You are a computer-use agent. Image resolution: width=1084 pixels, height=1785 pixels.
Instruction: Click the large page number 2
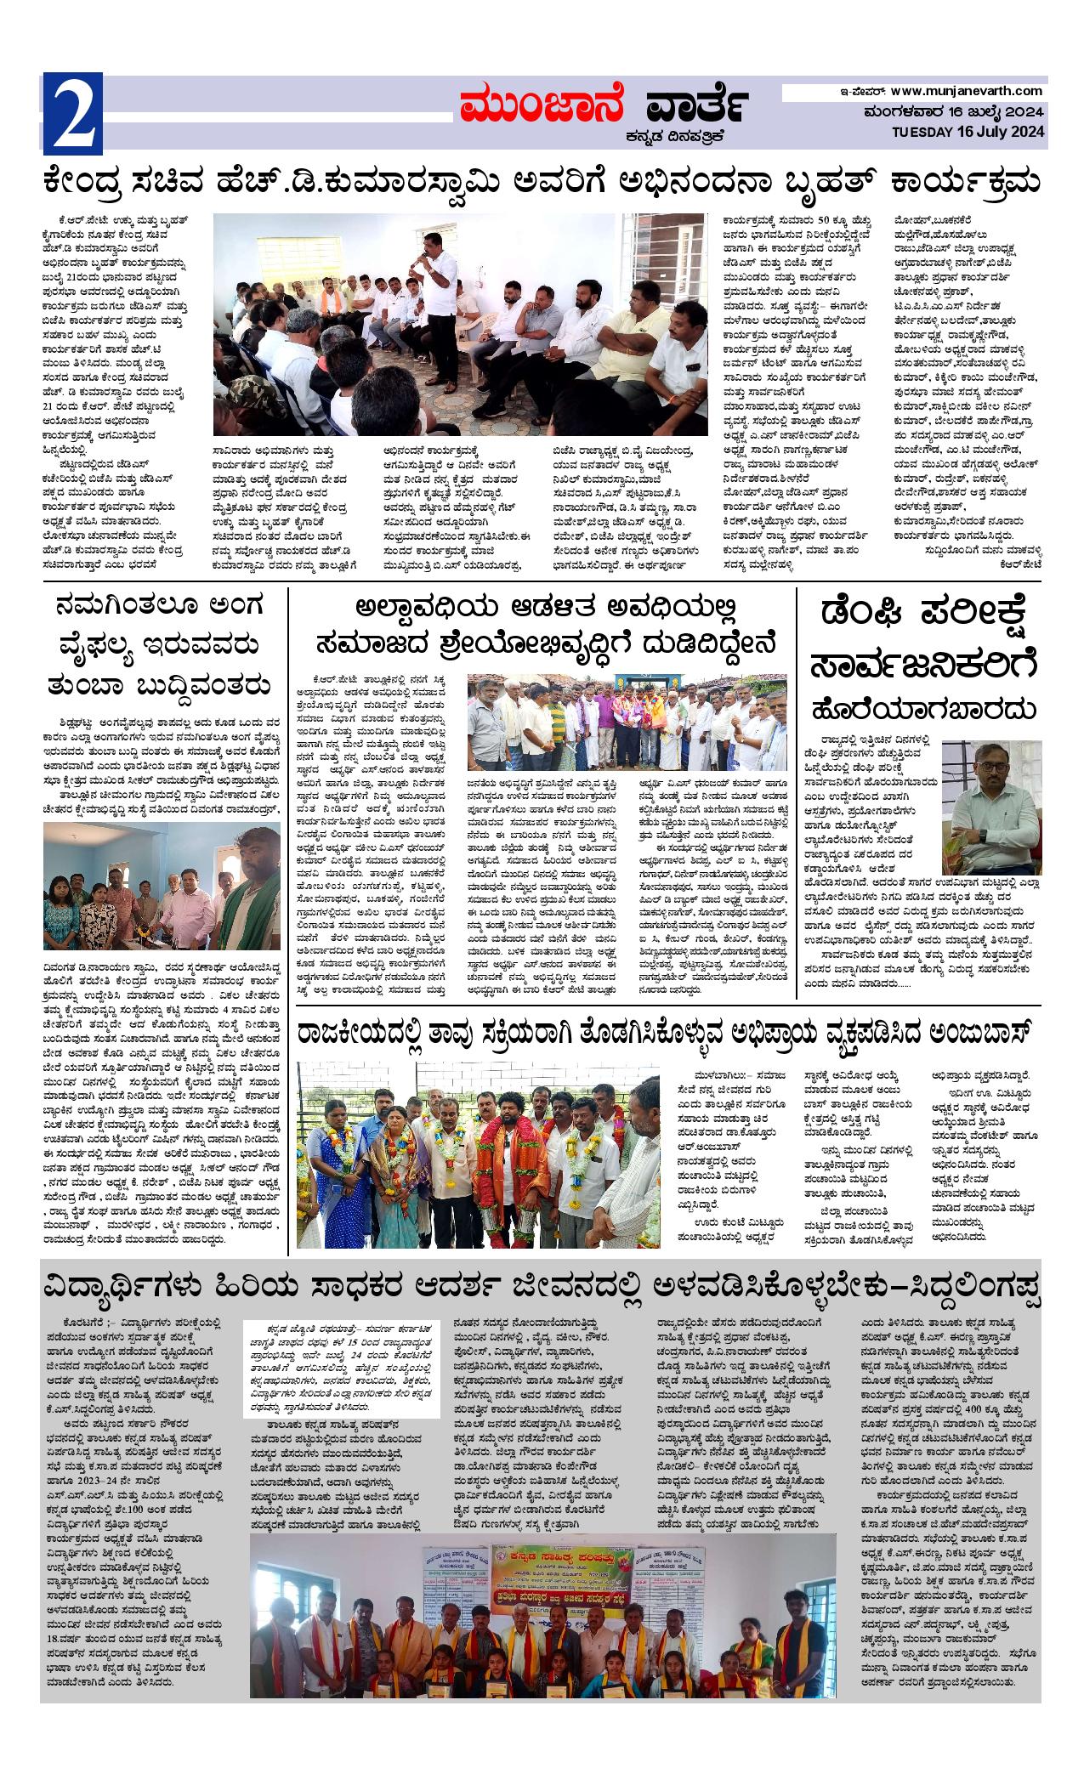72,111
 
